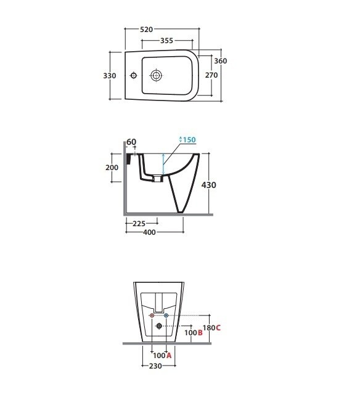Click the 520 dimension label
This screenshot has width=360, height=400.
click(x=147, y=30)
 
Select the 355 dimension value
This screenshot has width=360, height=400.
click(x=166, y=41)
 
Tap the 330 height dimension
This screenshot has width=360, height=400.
click(x=110, y=76)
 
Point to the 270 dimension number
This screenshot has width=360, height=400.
click(x=211, y=75)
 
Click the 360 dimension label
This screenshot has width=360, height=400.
click(x=221, y=61)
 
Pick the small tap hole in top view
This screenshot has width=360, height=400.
click(x=133, y=76)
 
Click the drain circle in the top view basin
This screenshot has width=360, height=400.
click(x=156, y=76)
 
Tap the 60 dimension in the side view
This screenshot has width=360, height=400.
click(x=131, y=142)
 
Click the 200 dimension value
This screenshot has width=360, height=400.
click(x=112, y=168)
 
